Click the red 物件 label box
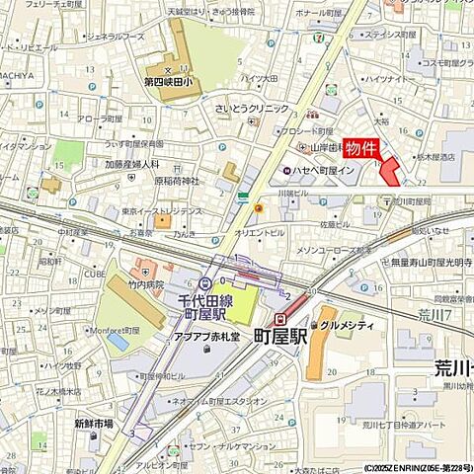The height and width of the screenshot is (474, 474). click(x=362, y=148)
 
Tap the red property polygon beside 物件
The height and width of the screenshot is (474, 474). click(x=390, y=170)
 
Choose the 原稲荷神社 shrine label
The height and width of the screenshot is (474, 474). click(x=177, y=181)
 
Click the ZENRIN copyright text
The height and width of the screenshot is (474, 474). click(x=415, y=468)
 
